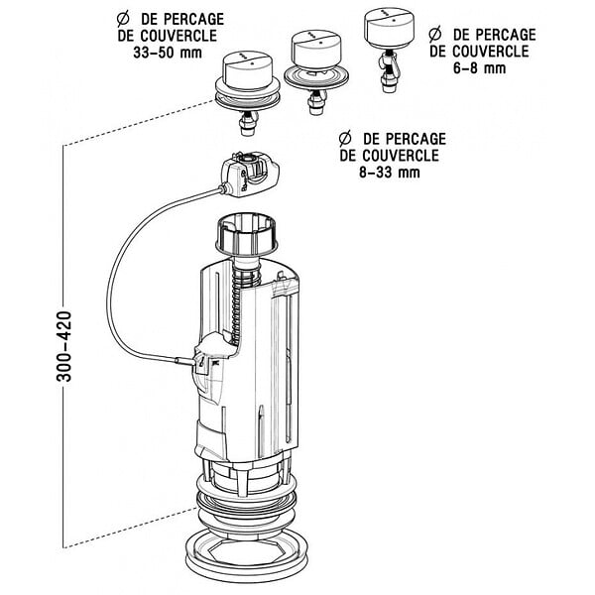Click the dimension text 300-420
point(63,346)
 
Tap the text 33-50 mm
point(168,53)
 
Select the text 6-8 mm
point(479,68)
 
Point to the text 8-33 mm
point(390,173)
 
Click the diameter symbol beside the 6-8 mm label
point(435,34)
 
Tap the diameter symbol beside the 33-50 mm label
point(123,19)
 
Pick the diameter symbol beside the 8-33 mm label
point(345,139)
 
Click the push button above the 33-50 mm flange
point(247,70)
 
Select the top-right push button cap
point(388,28)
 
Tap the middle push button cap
point(316,49)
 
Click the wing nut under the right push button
point(388,61)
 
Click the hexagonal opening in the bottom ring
point(247,552)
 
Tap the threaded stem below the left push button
point(247,124)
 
